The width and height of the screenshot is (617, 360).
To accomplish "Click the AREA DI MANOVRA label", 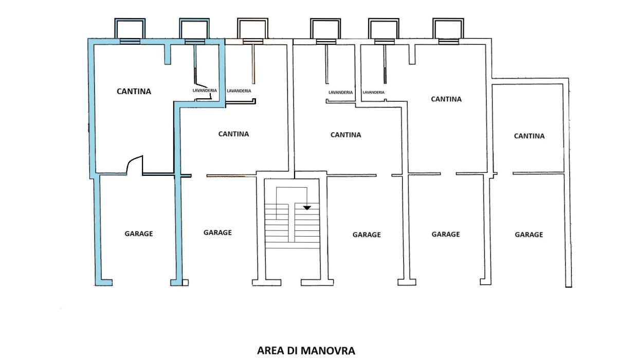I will (306, 351).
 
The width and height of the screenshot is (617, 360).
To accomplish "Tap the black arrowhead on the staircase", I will (307, 207).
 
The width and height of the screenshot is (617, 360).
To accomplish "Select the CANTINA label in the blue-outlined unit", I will (134, 92).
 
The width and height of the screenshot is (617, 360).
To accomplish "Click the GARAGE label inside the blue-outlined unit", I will (139, 233).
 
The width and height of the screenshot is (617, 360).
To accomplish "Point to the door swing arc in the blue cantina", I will (134, 164).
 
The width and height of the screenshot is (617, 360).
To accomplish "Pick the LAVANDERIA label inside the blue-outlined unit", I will (205, 91).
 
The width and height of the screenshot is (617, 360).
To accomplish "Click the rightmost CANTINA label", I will (529, 136).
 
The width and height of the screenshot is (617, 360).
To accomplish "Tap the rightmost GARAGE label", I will (529, 235).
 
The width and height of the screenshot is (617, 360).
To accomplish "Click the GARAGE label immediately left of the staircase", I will (217, 232).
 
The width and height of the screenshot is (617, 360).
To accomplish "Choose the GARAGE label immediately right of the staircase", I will (367, 235).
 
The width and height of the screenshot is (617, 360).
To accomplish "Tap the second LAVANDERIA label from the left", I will (239, 91).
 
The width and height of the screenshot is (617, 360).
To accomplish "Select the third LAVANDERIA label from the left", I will (340, 92).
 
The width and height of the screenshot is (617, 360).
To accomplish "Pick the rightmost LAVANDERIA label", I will (373, 92).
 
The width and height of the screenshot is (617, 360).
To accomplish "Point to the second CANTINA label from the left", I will (233, 134).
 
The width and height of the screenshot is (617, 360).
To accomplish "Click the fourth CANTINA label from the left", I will (446, 99).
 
